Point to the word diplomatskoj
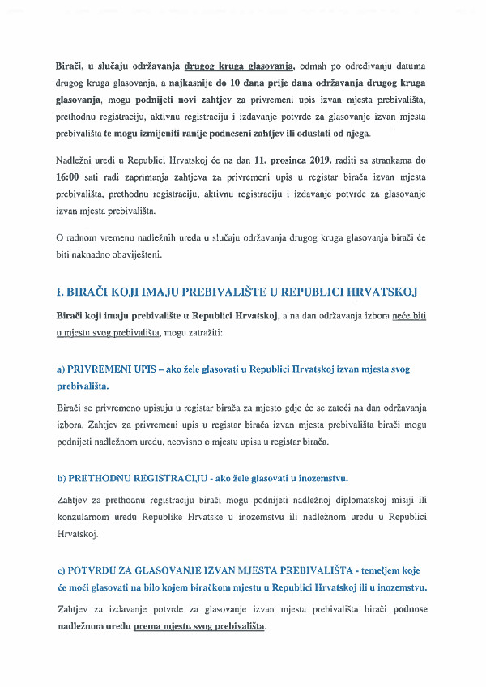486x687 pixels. click(x=364, y=499)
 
